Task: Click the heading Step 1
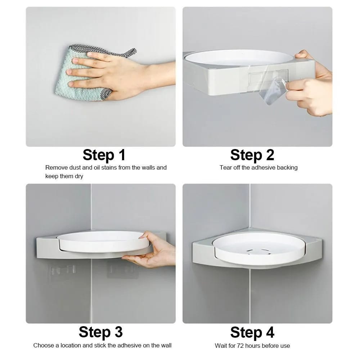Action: tap(104, 155)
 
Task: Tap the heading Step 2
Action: tap(252, 155)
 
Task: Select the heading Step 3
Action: tap(100, 332)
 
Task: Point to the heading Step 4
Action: tap(252, 332)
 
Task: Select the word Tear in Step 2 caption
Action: tap(226, 167)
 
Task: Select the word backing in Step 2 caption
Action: tap(287, 167)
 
